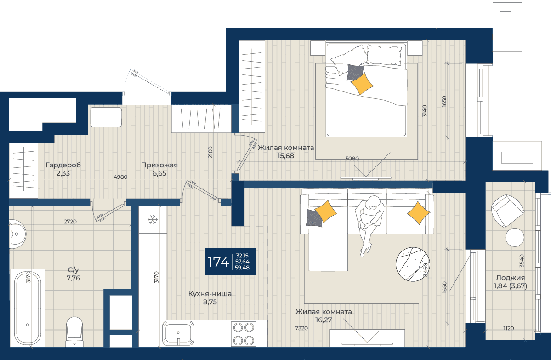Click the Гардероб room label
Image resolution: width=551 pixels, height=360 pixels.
coord(63,165)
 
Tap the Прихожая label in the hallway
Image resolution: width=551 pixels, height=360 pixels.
coord(159,165)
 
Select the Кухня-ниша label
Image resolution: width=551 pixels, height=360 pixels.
coord(210,293)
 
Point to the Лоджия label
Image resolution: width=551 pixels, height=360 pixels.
coord(510,278)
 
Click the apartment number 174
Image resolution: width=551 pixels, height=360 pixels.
coord(218,262)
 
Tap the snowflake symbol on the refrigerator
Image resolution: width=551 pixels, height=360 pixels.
coord(153,220)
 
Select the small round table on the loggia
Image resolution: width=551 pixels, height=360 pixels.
coord(515,237)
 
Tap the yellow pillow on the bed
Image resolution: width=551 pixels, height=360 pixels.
coord(362,83)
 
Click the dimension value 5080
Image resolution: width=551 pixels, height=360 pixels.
coord(352,159)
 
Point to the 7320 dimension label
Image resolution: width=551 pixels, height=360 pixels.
coord(301,328)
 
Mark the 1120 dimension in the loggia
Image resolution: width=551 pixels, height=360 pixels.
coord(508,328)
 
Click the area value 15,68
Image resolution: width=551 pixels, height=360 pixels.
coord(286,156)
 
